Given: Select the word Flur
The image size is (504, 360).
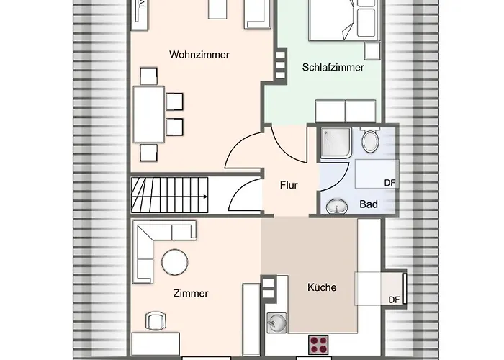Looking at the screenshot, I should (289, 185).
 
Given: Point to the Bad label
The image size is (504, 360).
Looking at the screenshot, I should (369, 204).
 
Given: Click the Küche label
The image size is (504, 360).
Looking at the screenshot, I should (322, 287).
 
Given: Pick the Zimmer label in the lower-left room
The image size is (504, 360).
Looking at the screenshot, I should (191, 293).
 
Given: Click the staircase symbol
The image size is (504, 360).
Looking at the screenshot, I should (169, 194).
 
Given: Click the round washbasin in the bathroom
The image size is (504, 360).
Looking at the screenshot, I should (336, 207).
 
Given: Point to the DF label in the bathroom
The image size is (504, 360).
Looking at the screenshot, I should (390, 184).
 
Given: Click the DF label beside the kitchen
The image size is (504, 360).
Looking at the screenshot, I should (393, 300).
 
